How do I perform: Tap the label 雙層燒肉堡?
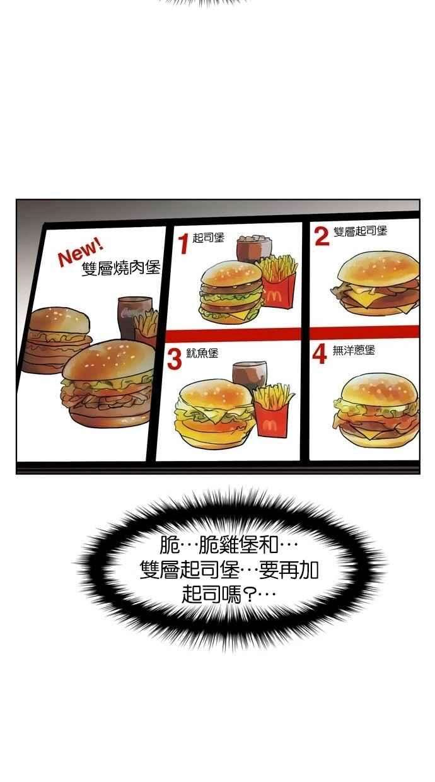pos(121,269)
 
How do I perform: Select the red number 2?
pos(322,236)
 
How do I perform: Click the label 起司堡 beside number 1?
pos(209,238)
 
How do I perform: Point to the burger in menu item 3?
pos(216,412)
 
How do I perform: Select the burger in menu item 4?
pos(376,410)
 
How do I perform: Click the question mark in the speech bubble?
pos(250,594)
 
